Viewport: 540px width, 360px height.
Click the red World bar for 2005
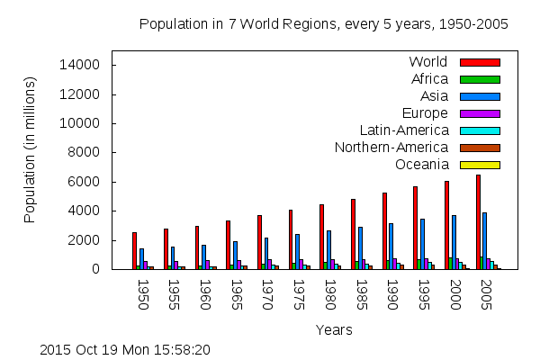pos(478,221)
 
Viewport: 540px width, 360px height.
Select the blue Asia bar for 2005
pos(485,240)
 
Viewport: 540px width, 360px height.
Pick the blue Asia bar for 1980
pos(328,249)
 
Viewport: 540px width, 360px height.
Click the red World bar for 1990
pos(384,230)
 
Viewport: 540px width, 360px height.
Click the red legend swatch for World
pos(480,62)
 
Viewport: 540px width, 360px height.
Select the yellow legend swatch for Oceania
pos(480,165)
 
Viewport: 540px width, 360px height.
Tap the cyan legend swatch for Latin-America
pos(480,130)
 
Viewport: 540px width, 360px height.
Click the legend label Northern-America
pos(391,148)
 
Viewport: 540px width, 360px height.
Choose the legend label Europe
pos(426,113)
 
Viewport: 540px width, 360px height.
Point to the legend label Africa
pos(429,79)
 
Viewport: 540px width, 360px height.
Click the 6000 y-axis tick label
pos(90,182)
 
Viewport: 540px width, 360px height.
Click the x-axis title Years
pos(334,330)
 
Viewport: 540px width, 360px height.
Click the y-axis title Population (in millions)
pos(31,149)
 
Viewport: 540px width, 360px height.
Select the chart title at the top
pos(323,24)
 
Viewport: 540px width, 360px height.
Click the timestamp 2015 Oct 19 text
pos(125,349)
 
